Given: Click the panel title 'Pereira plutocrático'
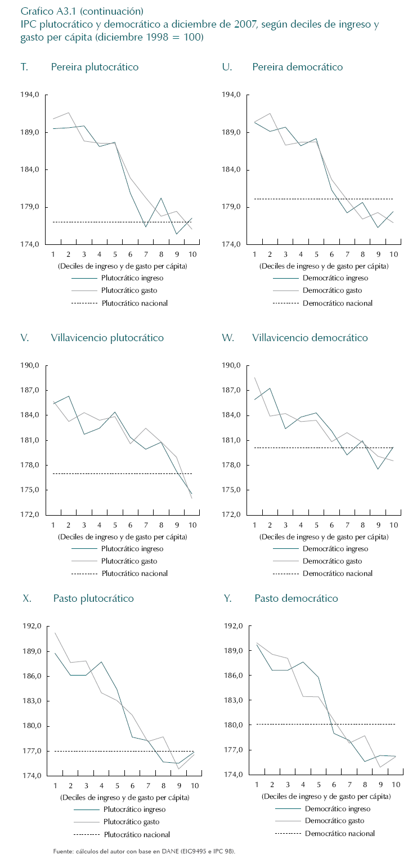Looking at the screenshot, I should tap(95, 67).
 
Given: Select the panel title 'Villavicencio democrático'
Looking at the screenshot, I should tap(310, 338).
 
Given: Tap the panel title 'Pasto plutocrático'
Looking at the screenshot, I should tap(93, 598).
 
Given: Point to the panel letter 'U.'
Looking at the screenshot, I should tap(227, 67).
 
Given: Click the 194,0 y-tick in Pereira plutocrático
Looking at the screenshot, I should tap(30, 95).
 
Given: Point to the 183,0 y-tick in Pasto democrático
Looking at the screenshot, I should tap(233, 700).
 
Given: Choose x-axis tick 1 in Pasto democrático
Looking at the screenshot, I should tap(257, 785).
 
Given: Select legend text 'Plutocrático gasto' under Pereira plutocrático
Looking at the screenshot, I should tap(129, 290).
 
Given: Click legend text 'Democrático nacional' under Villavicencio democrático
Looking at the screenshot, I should tap(338, 574).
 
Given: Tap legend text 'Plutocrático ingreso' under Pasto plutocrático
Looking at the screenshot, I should tap(134, 810).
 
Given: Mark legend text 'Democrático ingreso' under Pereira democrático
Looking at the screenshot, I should tap(335, 278).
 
